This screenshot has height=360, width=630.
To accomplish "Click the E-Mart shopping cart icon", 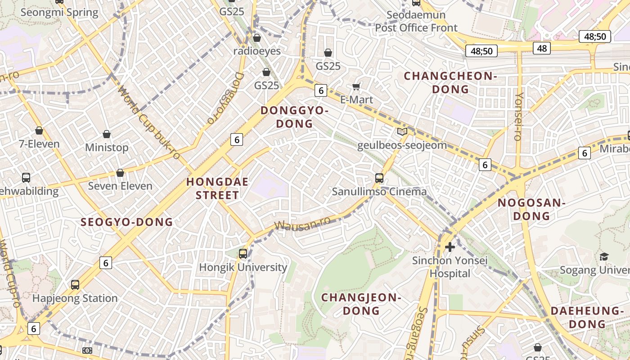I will pos(356,86).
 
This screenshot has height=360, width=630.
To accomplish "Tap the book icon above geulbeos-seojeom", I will pos(402,131).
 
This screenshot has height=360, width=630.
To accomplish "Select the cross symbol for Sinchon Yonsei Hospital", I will pos(450,247).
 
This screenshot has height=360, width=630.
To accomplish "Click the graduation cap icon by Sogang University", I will pos(604,256).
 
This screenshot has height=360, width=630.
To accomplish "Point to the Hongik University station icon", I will pos(243,254).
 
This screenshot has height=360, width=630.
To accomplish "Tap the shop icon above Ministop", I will pos(107,134).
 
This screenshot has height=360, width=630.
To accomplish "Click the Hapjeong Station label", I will pos(75,298).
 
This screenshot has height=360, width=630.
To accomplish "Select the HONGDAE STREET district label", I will pos(212,189).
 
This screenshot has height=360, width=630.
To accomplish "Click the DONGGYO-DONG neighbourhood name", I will pos(294,117).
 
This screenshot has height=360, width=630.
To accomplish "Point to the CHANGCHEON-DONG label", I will pos(450,82).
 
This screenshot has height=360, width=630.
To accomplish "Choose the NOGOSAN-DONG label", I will pos(531,209).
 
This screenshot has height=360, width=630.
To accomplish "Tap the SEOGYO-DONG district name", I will pos(126,221).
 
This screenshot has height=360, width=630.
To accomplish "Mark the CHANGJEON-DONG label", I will pos(361,304).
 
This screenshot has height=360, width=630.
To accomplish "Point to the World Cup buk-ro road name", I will pos(148,121).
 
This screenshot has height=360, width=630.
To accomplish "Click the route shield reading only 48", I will pos(542,48).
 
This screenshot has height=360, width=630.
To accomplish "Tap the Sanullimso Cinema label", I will pos(379,191).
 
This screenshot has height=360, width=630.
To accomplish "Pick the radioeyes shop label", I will pos(256,51).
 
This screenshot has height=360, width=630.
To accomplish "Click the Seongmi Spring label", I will pos(59,12).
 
